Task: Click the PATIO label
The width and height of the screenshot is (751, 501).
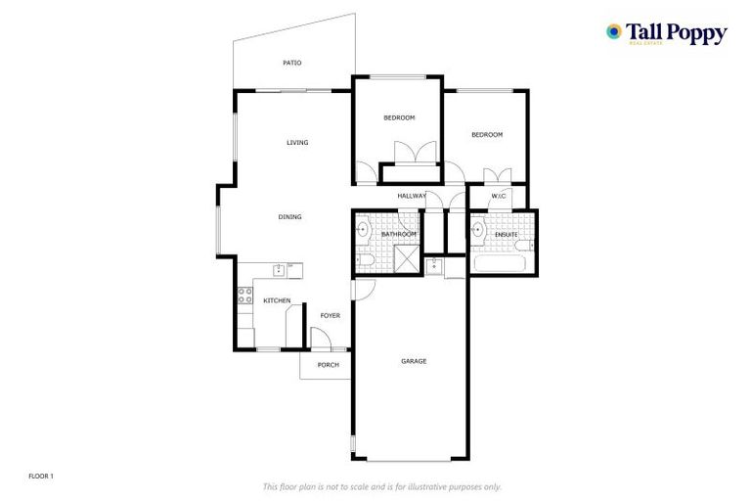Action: click(x=291, y=63)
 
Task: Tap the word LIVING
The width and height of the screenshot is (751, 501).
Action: click(x=297, y=143)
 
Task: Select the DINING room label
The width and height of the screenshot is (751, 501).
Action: click(x=289, y=217)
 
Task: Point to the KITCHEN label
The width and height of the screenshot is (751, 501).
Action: click(x=277, y=300)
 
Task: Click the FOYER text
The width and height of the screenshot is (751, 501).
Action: click(x=330, y=315)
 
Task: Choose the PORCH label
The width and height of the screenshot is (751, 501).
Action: click(x=328, y=365)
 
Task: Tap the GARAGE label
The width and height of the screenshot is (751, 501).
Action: click(x=414, y=361)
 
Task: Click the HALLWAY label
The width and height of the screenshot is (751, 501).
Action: click(x=412, y=197)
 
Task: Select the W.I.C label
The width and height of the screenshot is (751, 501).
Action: click(x=498, y=197)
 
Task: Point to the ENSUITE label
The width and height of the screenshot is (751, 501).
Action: click(x=507, y=235)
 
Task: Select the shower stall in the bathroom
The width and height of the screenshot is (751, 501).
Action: click(x=404, y=258)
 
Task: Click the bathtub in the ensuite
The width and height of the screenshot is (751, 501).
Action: click(x=500, y=263)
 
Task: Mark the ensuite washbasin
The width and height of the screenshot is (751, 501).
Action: click(x=477, y=232)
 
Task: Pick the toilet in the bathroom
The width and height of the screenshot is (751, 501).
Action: click(x=362, y=260)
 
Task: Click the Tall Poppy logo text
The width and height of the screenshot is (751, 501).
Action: click(x=677, y=34)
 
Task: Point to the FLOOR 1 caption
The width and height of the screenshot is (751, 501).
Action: click(x=40, y=476)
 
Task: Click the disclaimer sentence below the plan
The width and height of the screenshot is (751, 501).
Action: click(x=381, y=486)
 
